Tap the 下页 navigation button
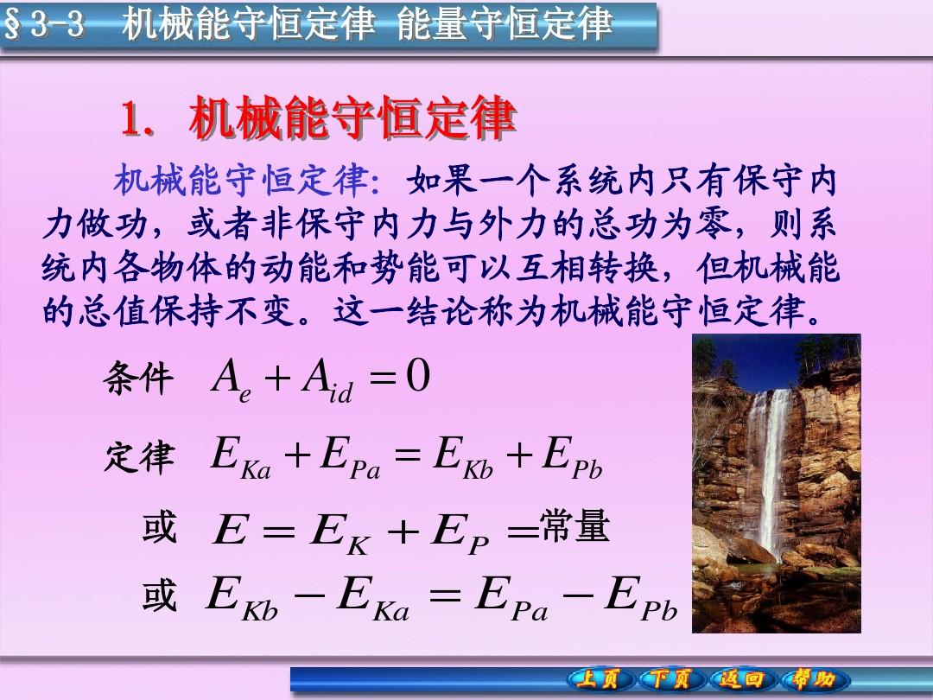point(671,679)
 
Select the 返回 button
point(742,679)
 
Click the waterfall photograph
point(777,483)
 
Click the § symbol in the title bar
point(12,25)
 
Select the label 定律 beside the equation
point(139,458)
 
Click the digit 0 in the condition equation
point(418,376)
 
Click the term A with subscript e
point(232,382)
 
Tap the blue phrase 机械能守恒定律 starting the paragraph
point(240,180)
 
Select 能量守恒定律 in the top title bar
point(505,24)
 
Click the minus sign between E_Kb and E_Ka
point(308,594)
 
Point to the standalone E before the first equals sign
point(230,529)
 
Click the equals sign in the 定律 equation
point(408,456)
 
